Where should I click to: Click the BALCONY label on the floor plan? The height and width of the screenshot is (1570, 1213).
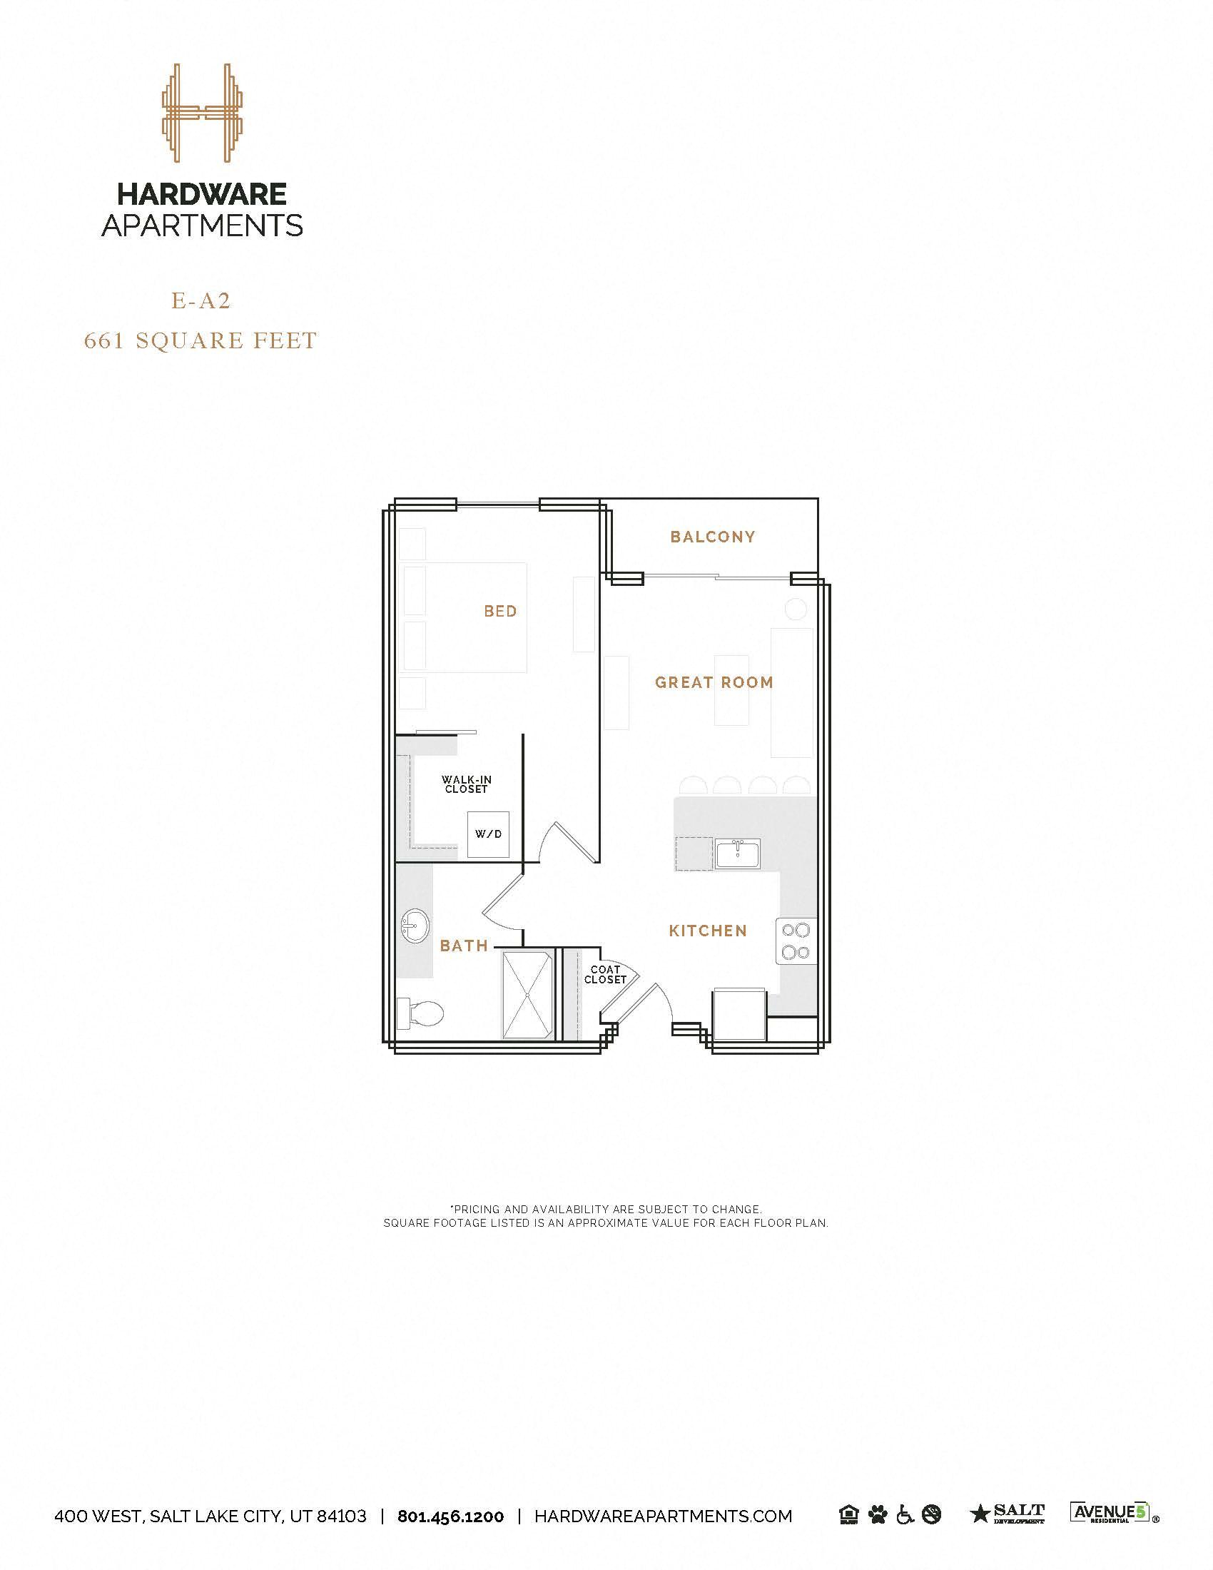click(x=712, y=537)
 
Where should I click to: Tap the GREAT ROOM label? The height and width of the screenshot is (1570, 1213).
click(x=714, y=682)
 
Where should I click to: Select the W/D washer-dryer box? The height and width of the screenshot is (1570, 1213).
click(x=488, y=834)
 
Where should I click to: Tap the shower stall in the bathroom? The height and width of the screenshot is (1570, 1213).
click(x=528, y=994)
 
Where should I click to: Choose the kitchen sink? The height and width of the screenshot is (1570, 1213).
click(x=738, y=855)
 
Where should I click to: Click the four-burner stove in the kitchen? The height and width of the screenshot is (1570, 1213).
click(x=796, y=941)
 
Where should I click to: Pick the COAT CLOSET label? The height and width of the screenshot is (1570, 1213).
click(x=605, y=975)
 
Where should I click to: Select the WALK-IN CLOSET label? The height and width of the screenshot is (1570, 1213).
click(x=467, y=784)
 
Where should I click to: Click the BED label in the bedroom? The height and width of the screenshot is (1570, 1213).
click(x=500, y=611)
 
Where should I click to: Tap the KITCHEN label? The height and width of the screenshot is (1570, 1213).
click(x=708, y=931)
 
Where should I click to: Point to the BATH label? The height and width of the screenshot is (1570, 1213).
click(x=464, y=946)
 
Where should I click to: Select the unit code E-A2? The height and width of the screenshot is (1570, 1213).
click(x=201, y=301)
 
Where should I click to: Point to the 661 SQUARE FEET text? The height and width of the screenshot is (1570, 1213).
click(x=201, y=340)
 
